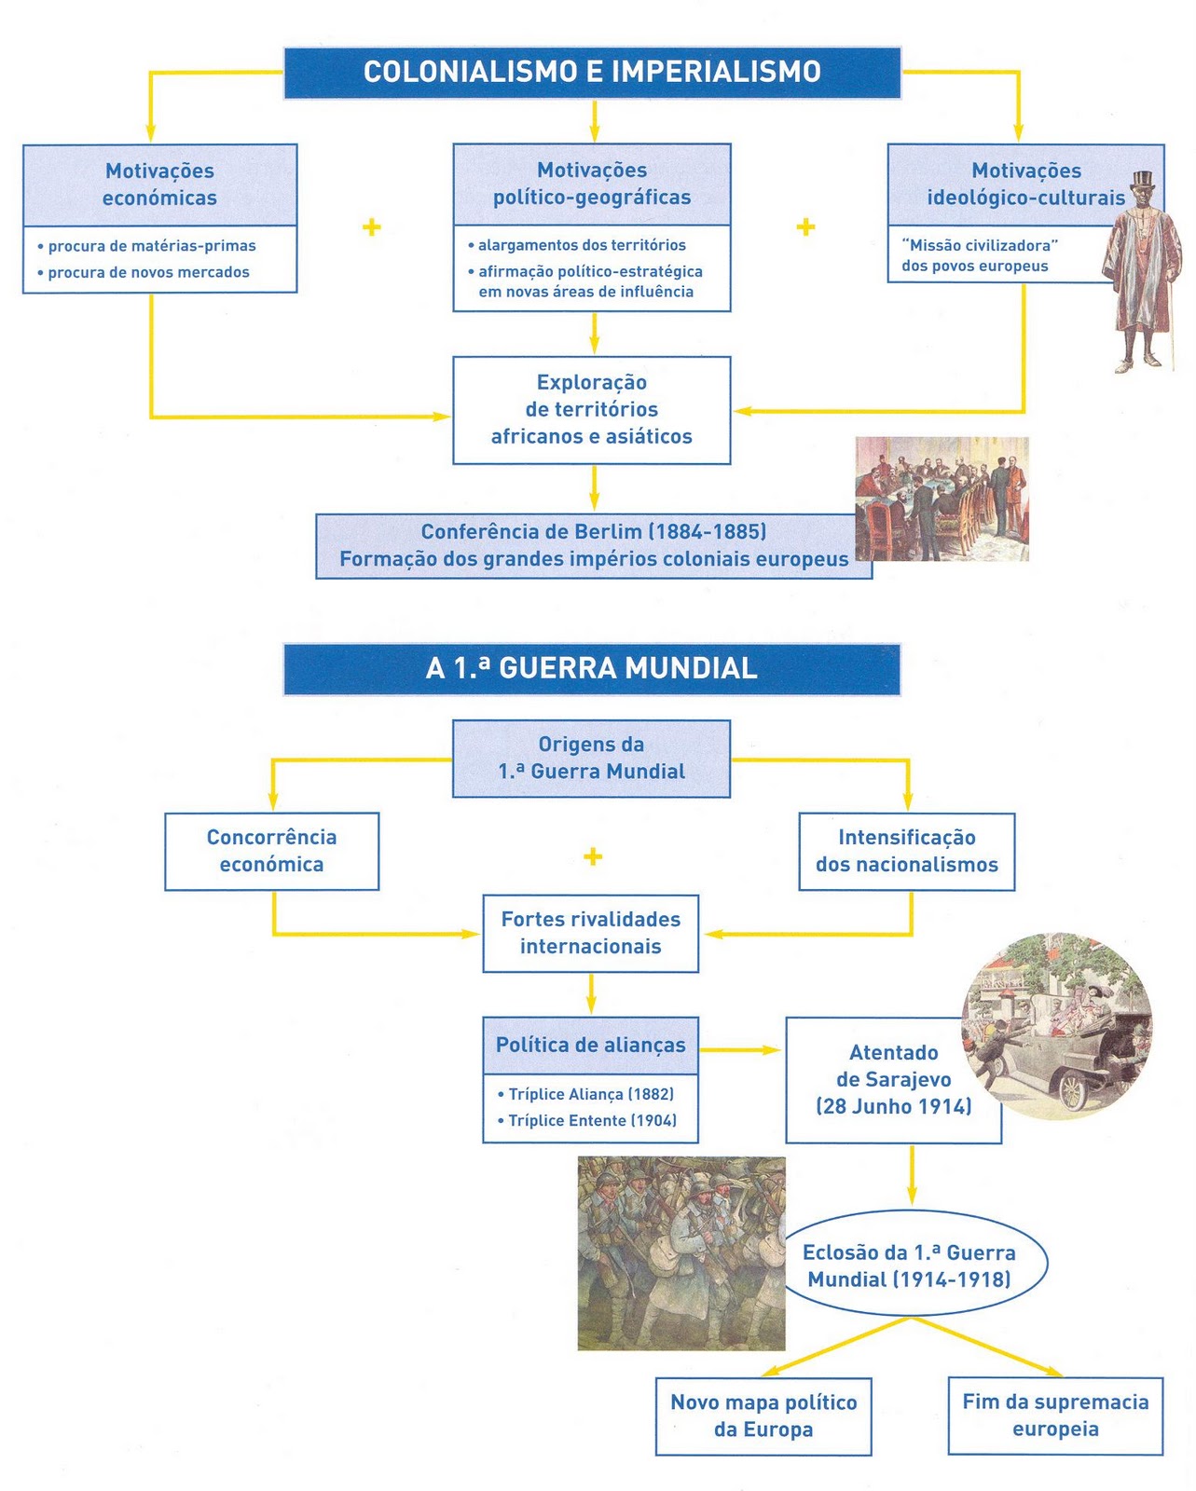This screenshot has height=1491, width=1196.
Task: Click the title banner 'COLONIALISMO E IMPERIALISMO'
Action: pos(592,72)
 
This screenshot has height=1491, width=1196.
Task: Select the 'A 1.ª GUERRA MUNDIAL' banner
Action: pos(592,668)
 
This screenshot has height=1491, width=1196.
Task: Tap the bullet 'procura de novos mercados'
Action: pos(148,272)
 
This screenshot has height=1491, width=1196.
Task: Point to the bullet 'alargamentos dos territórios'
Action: pos(582,245)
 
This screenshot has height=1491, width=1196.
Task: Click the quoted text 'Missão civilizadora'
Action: pos(980,245)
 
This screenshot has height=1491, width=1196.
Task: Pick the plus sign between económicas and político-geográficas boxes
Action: pos(372,227)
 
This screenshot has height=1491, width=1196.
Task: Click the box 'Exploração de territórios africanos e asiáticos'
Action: pos(592,409)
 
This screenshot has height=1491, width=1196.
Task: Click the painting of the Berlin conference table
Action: pos(942,498)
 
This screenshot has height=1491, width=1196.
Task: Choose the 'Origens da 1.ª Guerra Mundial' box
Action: pos(592,758)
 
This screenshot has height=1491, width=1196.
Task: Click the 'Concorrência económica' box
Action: pos(271,851)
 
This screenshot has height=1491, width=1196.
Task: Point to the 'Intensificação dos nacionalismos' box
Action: pos(907,851)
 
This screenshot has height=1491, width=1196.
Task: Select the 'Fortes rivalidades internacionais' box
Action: pos(591,933)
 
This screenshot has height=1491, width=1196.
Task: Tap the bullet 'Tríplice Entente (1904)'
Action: pos(592,1120)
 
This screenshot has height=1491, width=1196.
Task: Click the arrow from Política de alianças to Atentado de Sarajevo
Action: pos(741,1050)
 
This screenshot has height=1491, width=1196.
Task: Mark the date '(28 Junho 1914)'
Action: pos(894,1106)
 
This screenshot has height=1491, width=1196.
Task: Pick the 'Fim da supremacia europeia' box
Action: pos(1055,1416)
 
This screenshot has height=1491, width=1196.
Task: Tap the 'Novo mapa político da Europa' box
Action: pos(763,1416)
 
